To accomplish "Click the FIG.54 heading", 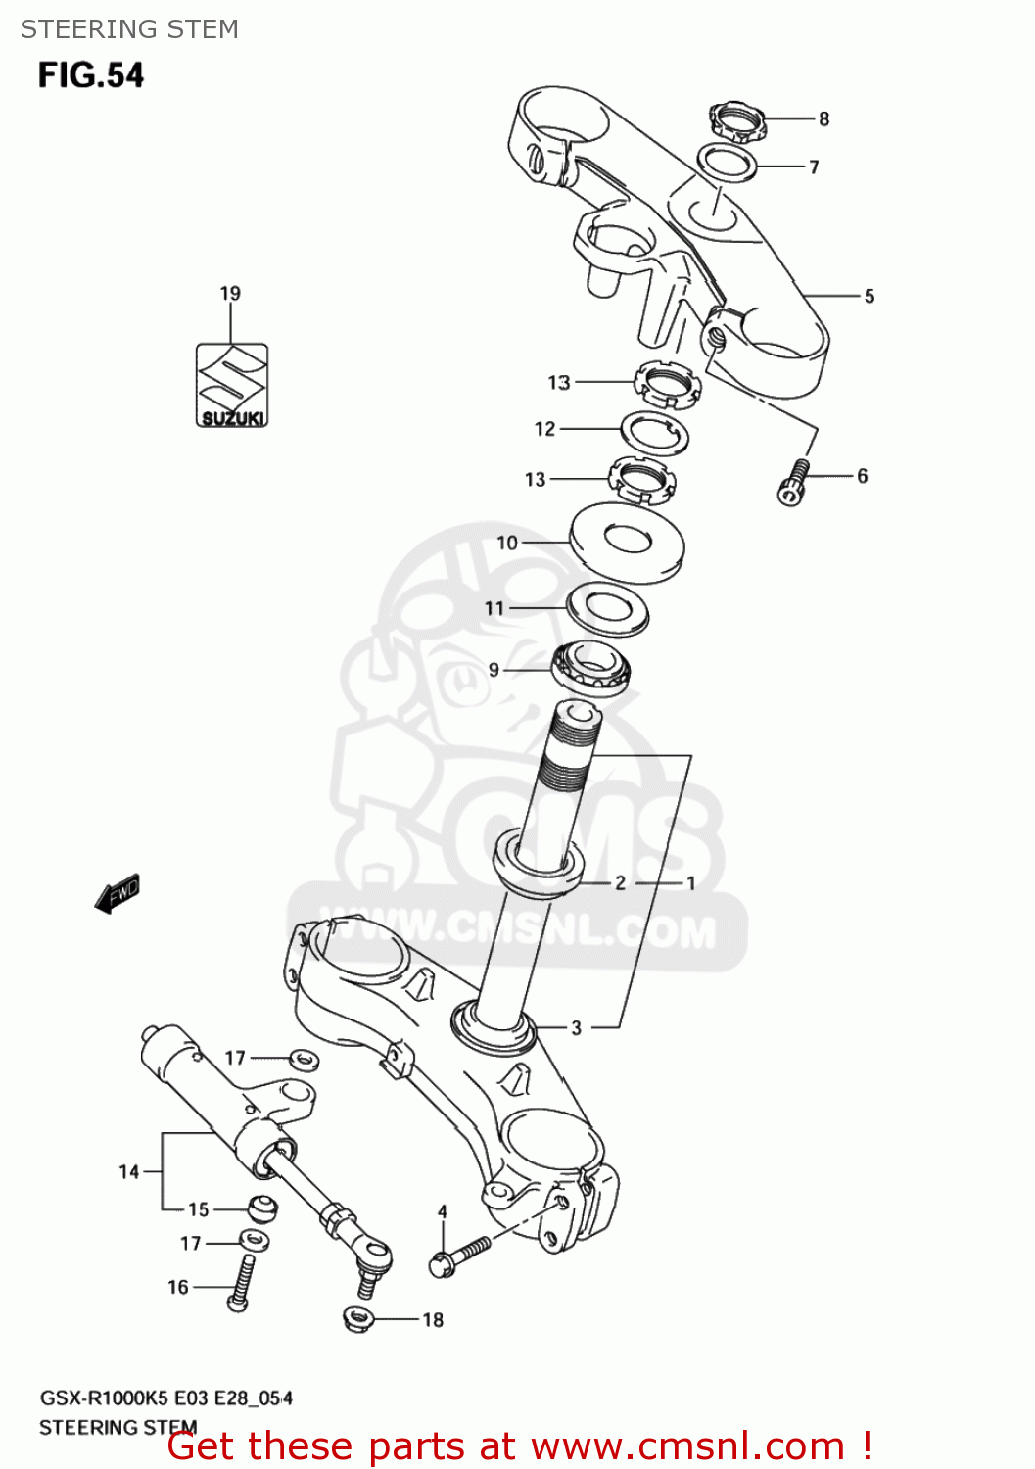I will pos(91,75).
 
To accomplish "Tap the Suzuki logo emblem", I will pos(232,384).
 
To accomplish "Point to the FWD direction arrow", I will pos(118,893).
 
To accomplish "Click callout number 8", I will pos(824,118).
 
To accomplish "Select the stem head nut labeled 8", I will pos(735,122).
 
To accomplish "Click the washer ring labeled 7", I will pos(728,162).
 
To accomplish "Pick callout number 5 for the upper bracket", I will pos(869,296).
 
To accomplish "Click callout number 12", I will pos(545,428).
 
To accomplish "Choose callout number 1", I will pos(690,882).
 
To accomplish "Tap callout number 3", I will pos(576,1027).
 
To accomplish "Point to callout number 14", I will pos(129,1171).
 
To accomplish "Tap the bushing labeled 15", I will pos(260,1208).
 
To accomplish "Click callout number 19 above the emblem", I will pos(230,293).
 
